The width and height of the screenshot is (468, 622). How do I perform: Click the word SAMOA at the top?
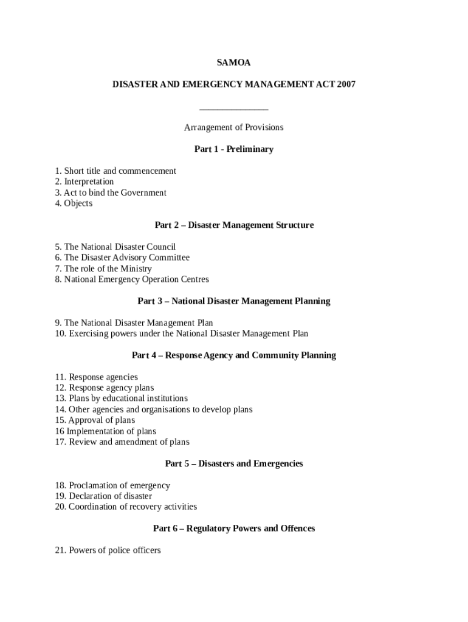pyautogui.click(x=233, y=63)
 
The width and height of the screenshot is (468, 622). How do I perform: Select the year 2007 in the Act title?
pyautogui.click(x=344, y=84)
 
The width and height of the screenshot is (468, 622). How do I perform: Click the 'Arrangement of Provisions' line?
pyautogui.click(x=233, y=128)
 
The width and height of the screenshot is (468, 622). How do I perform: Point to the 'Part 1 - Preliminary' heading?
pyautogui.click(x=233, y=149)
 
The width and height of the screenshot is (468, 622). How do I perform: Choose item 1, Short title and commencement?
pyautogui.click(x=115, y=171)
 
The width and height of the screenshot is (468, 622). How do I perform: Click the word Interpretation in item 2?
pyautogui.click(x=89, y=182)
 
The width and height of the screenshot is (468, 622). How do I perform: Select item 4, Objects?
pyautogui.click(x=74, y=203)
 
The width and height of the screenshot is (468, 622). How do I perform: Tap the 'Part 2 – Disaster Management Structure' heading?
pyautogui.click(x=233, y=225)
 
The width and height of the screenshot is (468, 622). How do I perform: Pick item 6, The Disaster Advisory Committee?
pyautogui.click(x=122, y=258)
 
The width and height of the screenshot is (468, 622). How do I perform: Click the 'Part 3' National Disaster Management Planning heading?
pyautogui.click(x=233, y=301)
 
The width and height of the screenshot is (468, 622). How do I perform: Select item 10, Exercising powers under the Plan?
pyautogui.click(x=181, y=333)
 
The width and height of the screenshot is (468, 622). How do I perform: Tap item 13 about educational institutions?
pyautogui.click(x=121, y=398)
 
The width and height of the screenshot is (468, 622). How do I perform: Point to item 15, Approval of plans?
pyautogui.click(x=95, y=420)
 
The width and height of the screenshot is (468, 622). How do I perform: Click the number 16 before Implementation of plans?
pyautogui.click(x=59, y=431)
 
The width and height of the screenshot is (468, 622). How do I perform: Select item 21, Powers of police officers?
pyautogui.click(x=108, y=550)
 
